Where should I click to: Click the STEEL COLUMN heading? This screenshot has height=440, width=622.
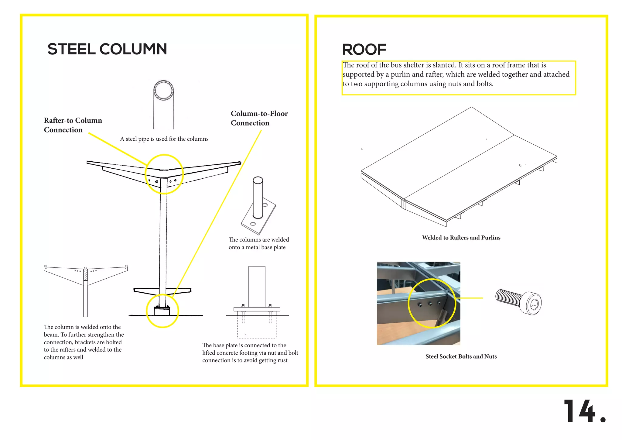(107, 49)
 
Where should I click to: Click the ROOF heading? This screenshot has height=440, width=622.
(364, 50)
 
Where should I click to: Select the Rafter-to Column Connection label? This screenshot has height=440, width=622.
(73, 125)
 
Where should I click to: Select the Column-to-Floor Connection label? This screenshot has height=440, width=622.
(259, 118)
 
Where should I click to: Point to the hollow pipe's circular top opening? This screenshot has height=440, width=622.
(164, 91)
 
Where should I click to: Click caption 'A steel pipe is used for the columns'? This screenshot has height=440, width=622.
(164, 139)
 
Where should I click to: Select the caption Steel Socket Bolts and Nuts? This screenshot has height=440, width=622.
(461, 356)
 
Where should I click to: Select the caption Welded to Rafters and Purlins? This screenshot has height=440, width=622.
(461, 238)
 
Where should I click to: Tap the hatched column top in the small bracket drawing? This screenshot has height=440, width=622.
(85, 274)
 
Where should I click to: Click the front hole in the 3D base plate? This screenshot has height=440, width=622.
(253, 224)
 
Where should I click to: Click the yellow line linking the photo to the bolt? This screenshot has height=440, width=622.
(469, 298)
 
